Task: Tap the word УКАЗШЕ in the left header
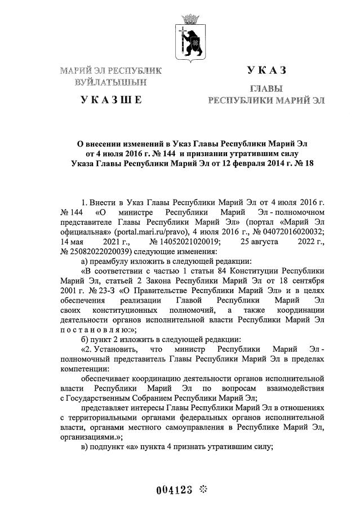110,100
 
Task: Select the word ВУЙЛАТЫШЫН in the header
110,82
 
